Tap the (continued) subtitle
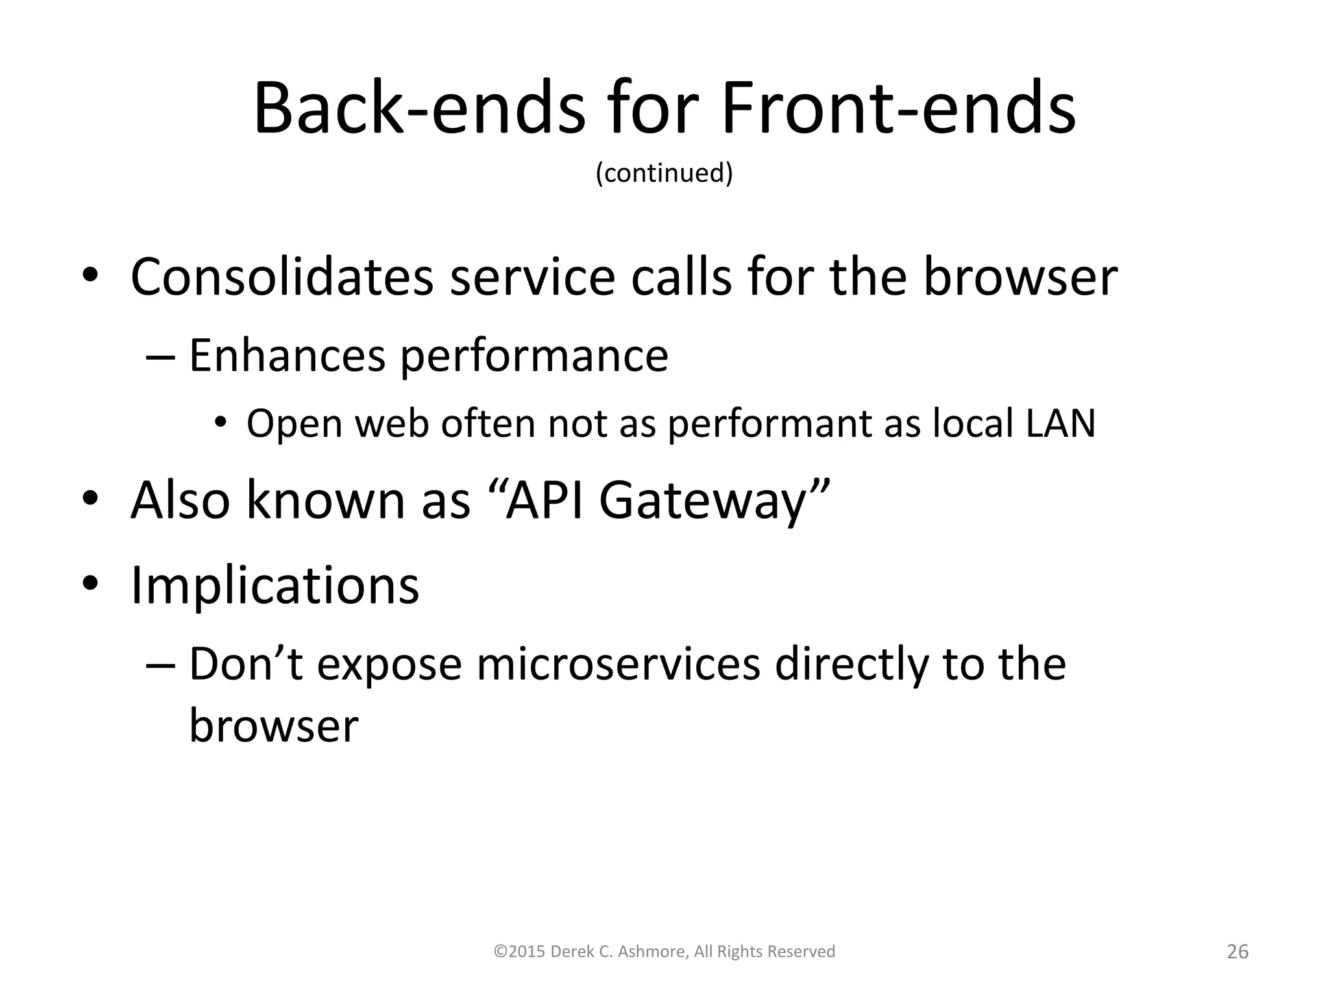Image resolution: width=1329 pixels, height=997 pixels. tap(664, 173)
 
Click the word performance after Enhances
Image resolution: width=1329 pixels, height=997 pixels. tap(533, 356)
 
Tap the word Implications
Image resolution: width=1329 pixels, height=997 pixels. tap(275, 585)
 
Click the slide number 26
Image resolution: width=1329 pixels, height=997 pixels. tap(1238, 952)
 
